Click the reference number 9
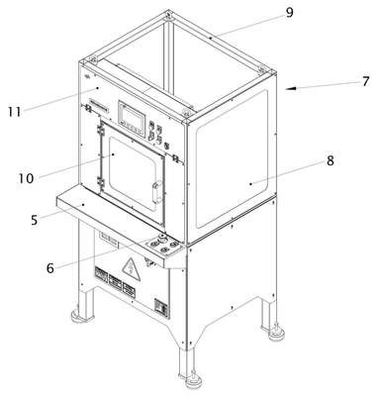289,13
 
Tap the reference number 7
365,81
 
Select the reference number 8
331,160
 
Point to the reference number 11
14,112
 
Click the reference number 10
26,178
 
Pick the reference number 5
35,220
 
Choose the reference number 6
49,268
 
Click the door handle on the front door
157,192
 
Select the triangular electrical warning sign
132,269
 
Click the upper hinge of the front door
100,131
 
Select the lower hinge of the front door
101,181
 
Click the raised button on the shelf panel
162,237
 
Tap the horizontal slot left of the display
99,106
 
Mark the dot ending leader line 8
250,183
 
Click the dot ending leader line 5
83,205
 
